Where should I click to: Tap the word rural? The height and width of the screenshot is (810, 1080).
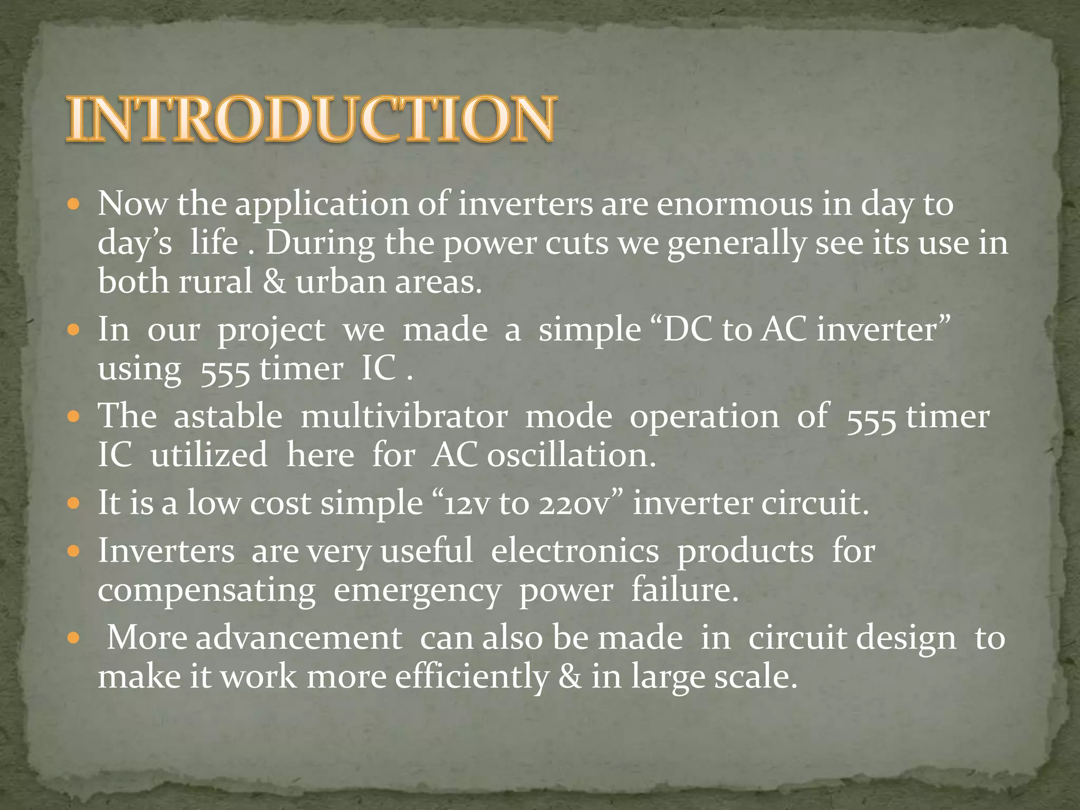click(x=216, y=282)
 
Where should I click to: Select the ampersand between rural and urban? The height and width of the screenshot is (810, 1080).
click(x=274, y=282)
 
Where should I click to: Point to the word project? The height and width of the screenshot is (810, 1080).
click(x=272, y=331)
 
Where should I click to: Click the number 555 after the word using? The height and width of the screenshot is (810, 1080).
click(x=225, y=370)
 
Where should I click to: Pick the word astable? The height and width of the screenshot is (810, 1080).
click(x=228, y=417)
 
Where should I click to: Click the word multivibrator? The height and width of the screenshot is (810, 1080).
click(x=404, y=417)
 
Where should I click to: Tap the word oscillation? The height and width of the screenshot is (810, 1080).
click(x=571, y=455)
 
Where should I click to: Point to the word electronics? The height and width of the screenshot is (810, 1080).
click(x=574, y=552)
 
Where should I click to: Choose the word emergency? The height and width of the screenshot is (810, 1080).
click(x=417, y=591)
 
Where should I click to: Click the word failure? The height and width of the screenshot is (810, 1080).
click(x=684, y=590)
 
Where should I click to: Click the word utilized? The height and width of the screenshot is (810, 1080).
click(x=209, y=455)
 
